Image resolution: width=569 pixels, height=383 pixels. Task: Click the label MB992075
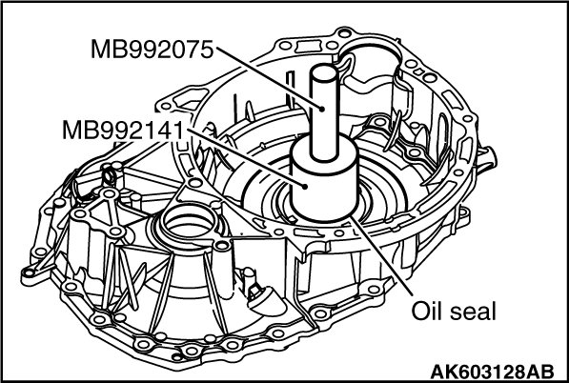pos(152,50)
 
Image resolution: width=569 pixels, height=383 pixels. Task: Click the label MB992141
pos(123,130)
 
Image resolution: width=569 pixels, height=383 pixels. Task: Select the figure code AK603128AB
pos(492,372)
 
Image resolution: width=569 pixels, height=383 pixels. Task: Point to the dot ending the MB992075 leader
pos(321,108)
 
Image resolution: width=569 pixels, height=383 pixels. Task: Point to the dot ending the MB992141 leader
pos(305,187)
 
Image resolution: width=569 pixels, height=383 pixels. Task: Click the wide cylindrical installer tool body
pos(324,181)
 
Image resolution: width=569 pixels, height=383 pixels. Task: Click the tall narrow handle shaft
pos(324,113)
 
